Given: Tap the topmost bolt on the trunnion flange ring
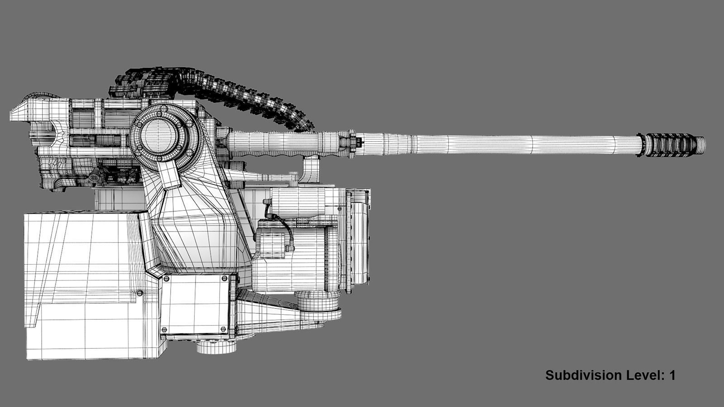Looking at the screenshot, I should pyautogui.click(x=162, y=109).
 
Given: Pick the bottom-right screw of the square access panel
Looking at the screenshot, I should pyautogui.click(x=223, y=329).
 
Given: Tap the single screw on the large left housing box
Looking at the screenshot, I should pyautogui.click(x=139, y=293).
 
